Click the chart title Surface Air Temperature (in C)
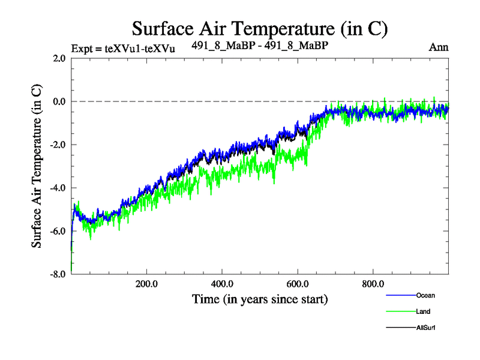pyautogui.click(x=260, y=28)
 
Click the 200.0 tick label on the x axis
pyautogui.click(x=146, y=283)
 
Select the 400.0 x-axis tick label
pyautogui.click(x=222, y=283)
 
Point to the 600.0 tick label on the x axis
pyautogui.click(x=298, y=283)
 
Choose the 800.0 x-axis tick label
pyautogui.click(x=373, y=283)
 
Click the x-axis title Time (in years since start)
pyautogui.click(x=260, y=298)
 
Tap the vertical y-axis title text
pyautogui.click(x=37, y=166)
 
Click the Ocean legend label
pyautogui.click(x=425, y=295)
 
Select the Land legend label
pyautogui.click(x=422, y=311)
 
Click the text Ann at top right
pyautogui.click(x=439, y=47)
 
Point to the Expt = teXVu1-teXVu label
pyautogui.click(x=123, y=48)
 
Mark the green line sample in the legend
pyautogui.click(x=400, y=311)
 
